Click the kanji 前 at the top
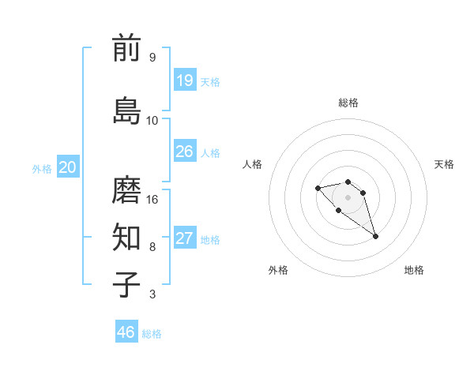(x=126, y=48)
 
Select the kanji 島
(x=126, y=110)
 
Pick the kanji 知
(x=126, y=236)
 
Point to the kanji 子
(x=126, y=284)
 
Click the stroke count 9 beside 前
(x=152, y=58)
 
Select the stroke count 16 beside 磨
(x=152, y=199)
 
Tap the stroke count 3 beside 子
(x=152, y=294)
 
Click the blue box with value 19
(x=184, y=80)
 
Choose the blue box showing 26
(x=184, y=152)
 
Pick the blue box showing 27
(x=184, y=238)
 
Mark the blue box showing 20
(x=68, y=167)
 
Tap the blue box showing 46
(x=126, y=332)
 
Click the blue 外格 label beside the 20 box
(x=41, y=168)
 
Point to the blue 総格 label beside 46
(x=152, y=334)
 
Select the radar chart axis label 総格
(x=348, y=103)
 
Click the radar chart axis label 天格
(x=444, y=164)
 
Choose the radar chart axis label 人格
(x=253, y=164)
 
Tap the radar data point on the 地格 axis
(x=375, y=236)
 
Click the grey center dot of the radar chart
(x=348, y=197)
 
